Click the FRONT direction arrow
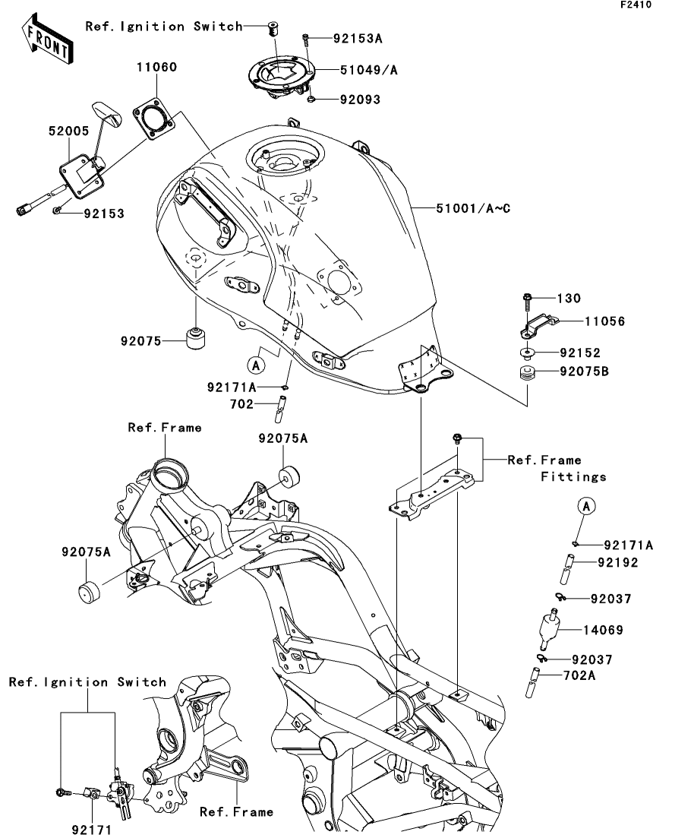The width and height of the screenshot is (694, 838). coord(48,39)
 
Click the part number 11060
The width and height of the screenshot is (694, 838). coord(156,67)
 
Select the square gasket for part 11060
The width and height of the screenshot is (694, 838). coord(154,118)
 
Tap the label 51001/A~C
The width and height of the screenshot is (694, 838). coord(473,208)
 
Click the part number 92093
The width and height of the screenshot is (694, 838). coord(360,100)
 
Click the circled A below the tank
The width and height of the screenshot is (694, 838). coord(257,365)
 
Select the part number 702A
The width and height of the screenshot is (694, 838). coord(579,675)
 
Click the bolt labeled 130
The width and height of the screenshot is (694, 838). coord(526,302)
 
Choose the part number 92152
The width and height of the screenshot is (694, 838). coord(580,353)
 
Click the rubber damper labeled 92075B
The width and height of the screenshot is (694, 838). coord(528,373)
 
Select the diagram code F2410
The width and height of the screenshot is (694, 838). coord(636,5)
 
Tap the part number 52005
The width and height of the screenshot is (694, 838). coord(69,131)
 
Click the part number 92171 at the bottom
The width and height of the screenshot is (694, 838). coord(92,830)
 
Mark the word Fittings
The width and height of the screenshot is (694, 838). coord(574,476)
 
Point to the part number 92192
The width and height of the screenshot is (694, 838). coord(618,562)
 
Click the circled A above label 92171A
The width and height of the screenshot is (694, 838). coord(587,505)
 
